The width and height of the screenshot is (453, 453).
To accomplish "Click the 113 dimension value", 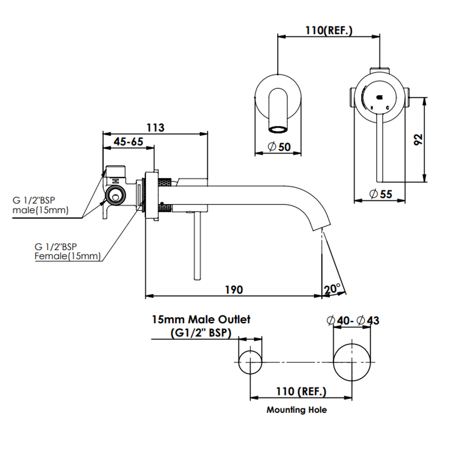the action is [156, 128].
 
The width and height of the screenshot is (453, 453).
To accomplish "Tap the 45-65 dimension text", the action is [128, 142].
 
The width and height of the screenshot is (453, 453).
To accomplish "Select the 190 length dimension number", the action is [234, 289].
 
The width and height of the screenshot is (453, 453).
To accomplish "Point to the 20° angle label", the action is [332, 289].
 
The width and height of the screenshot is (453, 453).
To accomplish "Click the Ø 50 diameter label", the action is [279, 147].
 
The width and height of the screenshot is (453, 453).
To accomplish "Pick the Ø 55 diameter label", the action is [381, 194].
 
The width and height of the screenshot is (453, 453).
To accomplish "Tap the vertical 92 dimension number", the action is [418, 140].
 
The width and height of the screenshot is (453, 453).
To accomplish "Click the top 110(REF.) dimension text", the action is [329, 30].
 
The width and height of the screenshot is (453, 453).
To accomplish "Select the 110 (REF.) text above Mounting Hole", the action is [301, 391].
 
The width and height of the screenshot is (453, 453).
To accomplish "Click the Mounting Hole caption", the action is [297, 410].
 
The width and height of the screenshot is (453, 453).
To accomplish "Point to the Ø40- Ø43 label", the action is [353, 320].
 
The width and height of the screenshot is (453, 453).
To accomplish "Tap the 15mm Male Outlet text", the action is [201, 319].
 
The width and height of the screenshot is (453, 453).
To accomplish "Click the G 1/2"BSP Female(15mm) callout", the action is [68, 251].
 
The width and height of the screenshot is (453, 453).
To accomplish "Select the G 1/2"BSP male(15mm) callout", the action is [40, 205].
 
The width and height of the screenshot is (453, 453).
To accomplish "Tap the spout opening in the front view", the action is [278, 129].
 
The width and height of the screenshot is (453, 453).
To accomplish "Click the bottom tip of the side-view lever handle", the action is [197, 279].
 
